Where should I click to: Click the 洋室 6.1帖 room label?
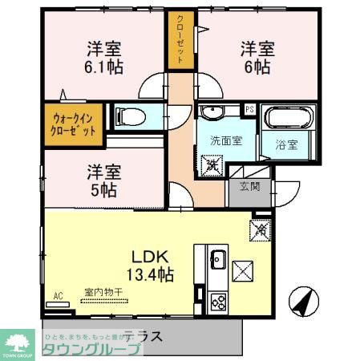(x=105, y=58)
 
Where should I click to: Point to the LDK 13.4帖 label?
(x=152, y=265)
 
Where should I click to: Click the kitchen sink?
(x=216, y=259)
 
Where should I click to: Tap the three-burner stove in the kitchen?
(x=217, y=302)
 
